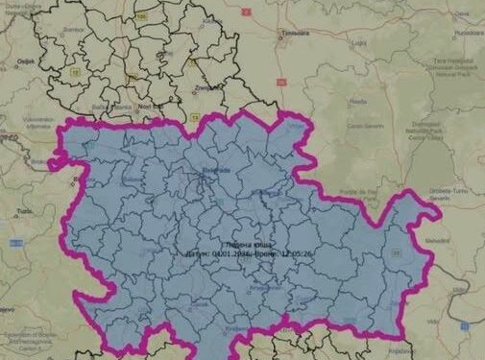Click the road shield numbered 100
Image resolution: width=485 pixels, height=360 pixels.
(x=141, y=16)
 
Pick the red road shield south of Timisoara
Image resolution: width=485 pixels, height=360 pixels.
(x=274, y=69)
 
